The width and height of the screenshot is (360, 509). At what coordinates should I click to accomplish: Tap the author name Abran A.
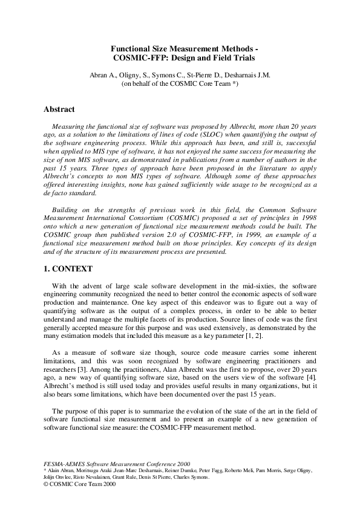click(101, 76)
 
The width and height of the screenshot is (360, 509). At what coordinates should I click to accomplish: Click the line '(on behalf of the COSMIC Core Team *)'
click(180, 85)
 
